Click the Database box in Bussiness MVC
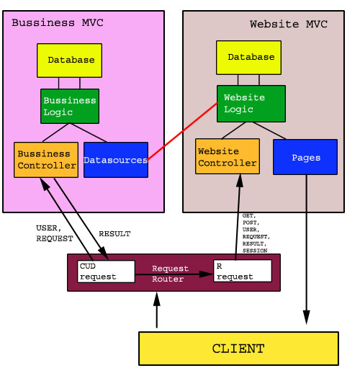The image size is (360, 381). (69, 60)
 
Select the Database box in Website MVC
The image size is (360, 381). (248, 58)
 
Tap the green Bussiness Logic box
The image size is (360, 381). (70, 106)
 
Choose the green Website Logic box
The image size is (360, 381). (251, 104)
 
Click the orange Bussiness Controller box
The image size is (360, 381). (46, 160)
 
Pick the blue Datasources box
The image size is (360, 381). (116, 160)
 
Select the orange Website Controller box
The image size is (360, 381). (228, 157)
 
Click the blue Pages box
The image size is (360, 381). (305, 157)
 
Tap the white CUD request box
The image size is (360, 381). (106, 272)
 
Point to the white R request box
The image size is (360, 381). (243, 271)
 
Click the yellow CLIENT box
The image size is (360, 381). (238, 349)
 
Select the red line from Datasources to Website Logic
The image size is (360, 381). (183, 131)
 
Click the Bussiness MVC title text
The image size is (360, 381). (58, 23)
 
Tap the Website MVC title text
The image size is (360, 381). (288, 24)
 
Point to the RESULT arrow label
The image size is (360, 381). (114, 234)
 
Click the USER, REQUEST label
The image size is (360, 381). (55, 233)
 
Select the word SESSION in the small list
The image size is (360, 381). (255, 251)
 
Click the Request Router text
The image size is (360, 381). (170, 273)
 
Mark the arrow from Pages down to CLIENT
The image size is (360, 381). (307, 252)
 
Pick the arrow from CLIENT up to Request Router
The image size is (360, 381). (156, 310)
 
